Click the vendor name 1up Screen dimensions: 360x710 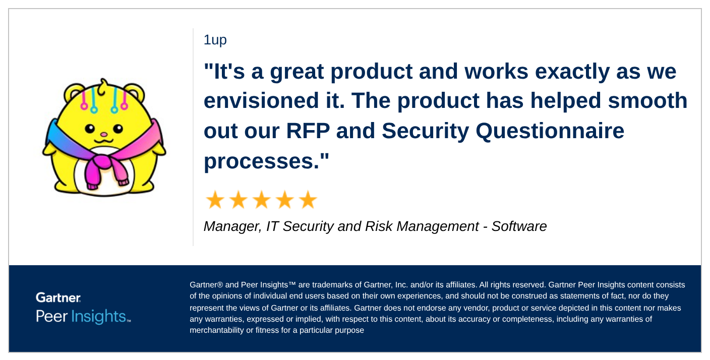pos(215,40)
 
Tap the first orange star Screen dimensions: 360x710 pos(215,200)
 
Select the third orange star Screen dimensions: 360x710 pos(261,200)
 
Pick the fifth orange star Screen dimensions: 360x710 pos(308,200)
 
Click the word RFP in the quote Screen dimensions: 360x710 pos(307,131)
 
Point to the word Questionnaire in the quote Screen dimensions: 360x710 pos(550,131)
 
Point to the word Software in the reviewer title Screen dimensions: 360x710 pos(519,226)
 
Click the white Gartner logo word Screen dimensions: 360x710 pos(58,297)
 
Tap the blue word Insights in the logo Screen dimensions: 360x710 pos(99,317)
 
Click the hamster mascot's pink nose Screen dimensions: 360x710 pos(103,135)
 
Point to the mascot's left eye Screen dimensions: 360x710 pos(90,129)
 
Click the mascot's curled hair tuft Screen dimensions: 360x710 pos(103,88)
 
